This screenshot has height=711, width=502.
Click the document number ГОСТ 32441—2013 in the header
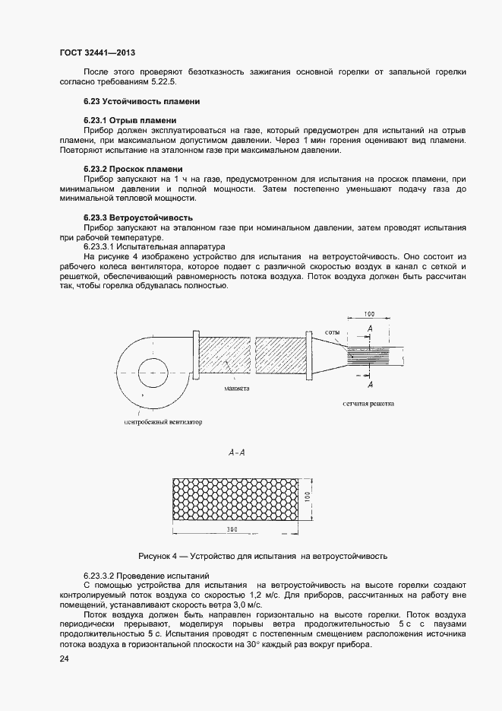(97, 53)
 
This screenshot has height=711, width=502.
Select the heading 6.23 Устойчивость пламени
(141, 101)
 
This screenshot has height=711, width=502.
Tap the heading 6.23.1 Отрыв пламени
(130, 120)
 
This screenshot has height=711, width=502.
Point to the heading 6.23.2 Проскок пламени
(133, 168)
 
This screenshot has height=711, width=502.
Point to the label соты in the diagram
(331, 333)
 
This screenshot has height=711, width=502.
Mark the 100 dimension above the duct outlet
(369, 313)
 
